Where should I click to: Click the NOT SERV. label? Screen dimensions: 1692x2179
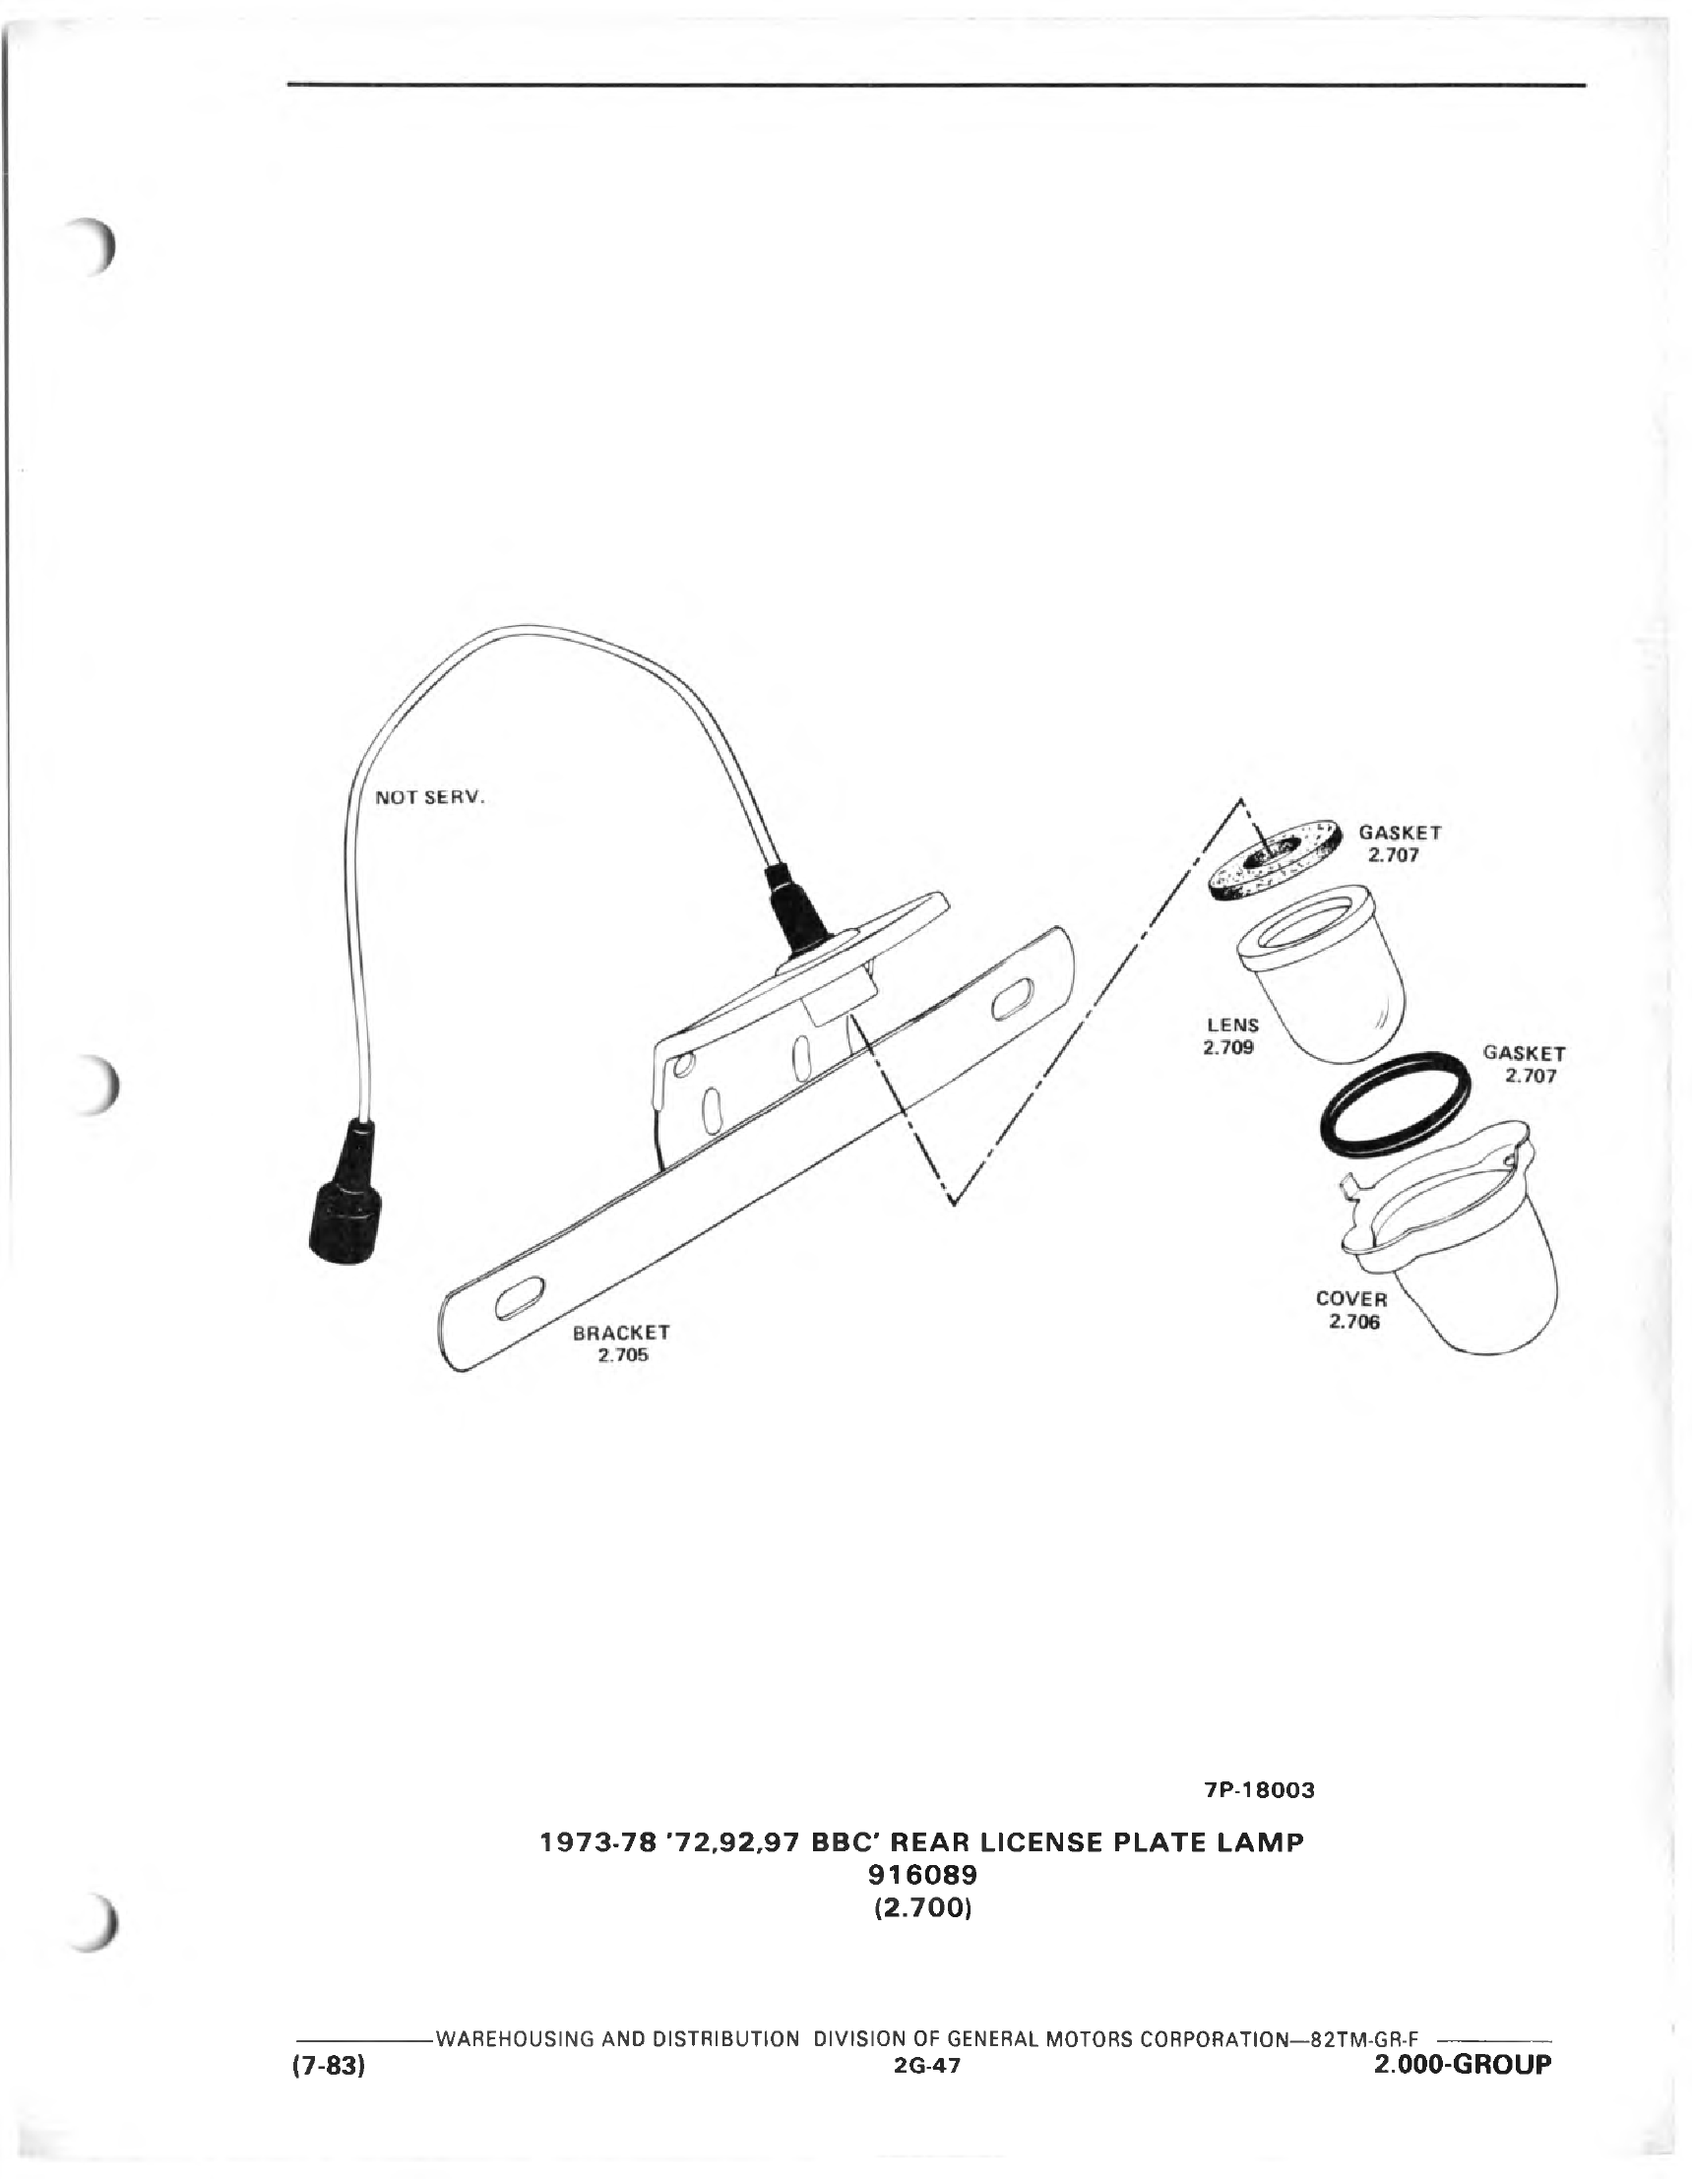(x=430, y=797)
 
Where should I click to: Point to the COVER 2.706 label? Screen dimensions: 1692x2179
(x=1351, y=1310)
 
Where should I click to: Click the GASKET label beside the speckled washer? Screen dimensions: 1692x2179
(x=1400, y=843)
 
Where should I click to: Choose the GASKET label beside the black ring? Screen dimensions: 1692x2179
(x=1525, y=1064)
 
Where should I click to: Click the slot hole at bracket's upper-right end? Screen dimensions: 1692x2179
(x=1014, y=1000)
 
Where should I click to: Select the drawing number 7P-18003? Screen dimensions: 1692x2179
(x=1260, y=1790)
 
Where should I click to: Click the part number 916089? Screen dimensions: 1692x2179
(x=922, y=1875)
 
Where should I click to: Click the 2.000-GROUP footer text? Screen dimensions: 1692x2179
(x=1463, y=2064)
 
